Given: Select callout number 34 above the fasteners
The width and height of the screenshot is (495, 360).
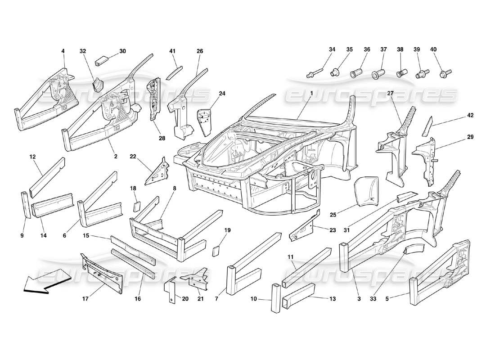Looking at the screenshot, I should [332, 49].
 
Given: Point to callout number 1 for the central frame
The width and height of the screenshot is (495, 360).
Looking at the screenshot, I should [311, 93].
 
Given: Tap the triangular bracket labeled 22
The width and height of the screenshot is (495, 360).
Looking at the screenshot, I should [157, 173].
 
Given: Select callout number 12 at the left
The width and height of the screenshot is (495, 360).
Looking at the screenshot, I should [32, 157].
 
